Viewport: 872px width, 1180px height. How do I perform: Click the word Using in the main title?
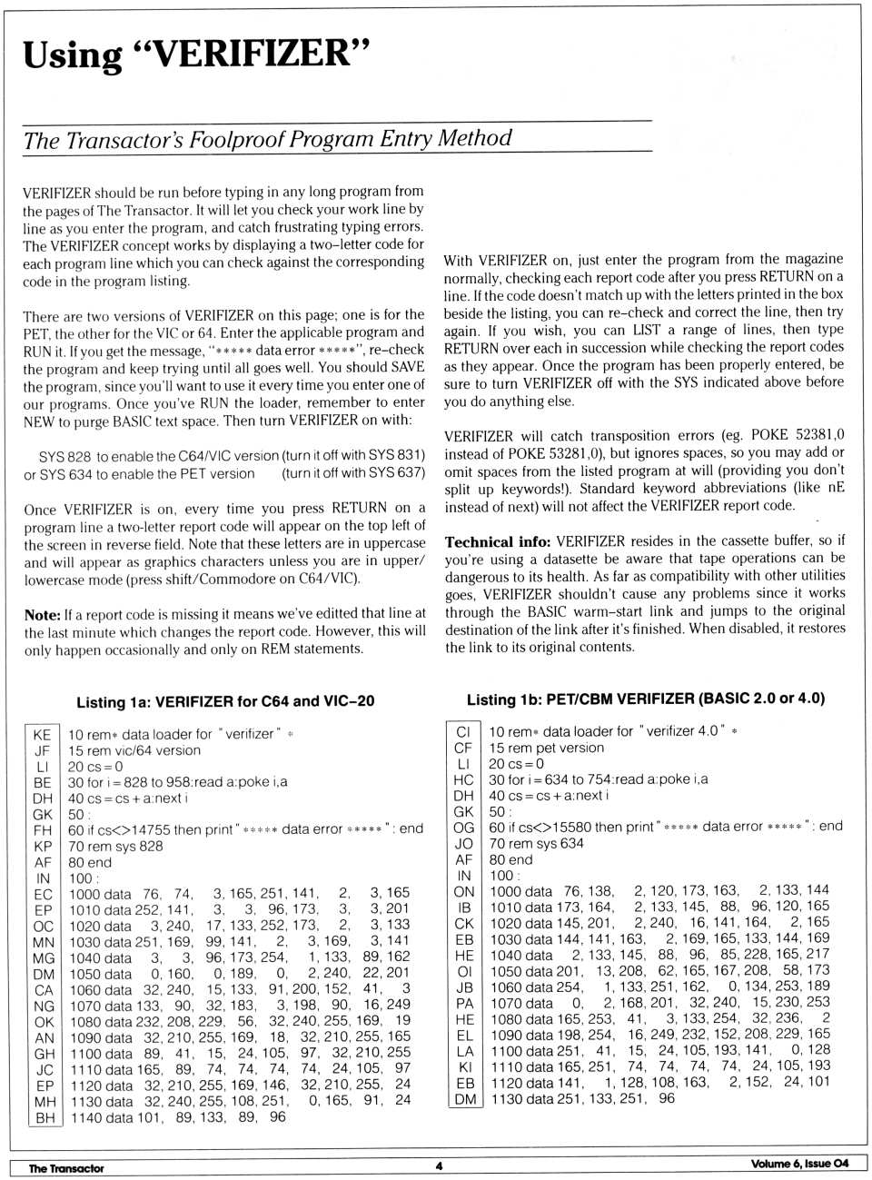72,55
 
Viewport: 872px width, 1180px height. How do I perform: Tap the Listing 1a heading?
225,701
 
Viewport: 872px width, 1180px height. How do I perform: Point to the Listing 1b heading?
645,699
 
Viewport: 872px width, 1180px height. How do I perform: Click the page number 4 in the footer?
439,1165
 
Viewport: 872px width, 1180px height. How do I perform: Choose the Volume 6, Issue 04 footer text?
799,1164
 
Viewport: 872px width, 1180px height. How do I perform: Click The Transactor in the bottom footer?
66,1168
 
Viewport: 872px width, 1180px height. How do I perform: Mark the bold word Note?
42,614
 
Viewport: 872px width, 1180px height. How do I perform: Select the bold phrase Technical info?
497,541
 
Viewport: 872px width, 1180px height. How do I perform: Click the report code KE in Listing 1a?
42,735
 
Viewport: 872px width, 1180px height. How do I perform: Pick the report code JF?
42,751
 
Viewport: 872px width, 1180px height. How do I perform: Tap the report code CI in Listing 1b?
463,731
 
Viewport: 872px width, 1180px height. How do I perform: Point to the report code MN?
44,941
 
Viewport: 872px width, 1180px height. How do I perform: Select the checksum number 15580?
572,827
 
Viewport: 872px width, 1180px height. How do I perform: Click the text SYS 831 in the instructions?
395,455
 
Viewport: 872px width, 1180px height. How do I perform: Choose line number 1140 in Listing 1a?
86,1117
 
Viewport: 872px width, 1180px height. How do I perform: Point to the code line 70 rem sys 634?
536,843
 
